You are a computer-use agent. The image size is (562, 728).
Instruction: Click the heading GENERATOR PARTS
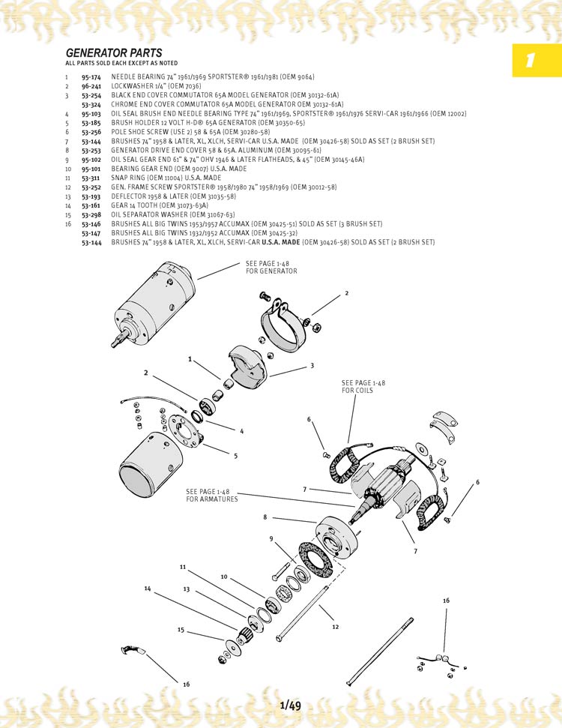pos(114,53)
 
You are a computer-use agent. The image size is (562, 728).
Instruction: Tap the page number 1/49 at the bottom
pos(290,706)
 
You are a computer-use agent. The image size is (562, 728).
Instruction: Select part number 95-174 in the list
pos(91,77)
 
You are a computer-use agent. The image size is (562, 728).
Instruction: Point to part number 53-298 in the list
pos(91,214)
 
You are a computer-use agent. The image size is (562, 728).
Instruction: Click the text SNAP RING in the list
pos(127,178)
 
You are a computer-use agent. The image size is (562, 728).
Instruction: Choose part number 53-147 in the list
pos(91,233)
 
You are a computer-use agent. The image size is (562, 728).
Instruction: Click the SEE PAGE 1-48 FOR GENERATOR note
pos(271,268)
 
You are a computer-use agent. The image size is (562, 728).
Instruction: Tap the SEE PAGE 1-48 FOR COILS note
pos(363,387)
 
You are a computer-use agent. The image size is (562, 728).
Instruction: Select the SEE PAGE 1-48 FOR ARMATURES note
pos(212,496)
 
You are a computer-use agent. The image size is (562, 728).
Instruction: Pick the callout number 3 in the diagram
pos(312,366)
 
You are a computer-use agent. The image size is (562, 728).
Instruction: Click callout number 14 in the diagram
pos(147,589)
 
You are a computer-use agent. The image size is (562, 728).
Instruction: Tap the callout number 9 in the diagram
pos(271,538)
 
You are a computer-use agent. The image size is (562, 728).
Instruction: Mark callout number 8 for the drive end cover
pos(265,517)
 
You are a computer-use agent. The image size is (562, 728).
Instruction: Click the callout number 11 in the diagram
pos(182,568)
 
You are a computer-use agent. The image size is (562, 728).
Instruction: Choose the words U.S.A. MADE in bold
pos(281,242)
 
